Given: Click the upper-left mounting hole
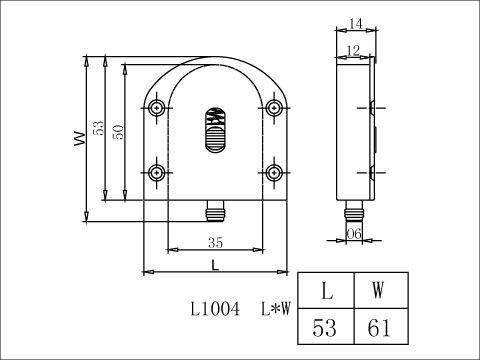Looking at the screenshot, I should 157,108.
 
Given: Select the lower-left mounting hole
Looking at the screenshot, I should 157,172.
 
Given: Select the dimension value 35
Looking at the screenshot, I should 214,242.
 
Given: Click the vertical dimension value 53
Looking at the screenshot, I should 98,127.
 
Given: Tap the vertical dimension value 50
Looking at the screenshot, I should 117,132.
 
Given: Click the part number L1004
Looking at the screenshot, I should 214,310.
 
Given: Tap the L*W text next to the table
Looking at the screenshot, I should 275,310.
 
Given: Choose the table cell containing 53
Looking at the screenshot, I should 326,326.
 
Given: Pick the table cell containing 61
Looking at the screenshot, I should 379,326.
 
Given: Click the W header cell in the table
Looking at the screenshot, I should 379,291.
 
